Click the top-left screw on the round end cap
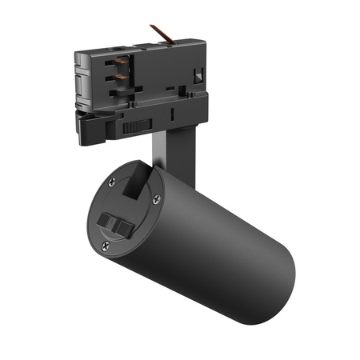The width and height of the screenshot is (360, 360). (112, 181)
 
